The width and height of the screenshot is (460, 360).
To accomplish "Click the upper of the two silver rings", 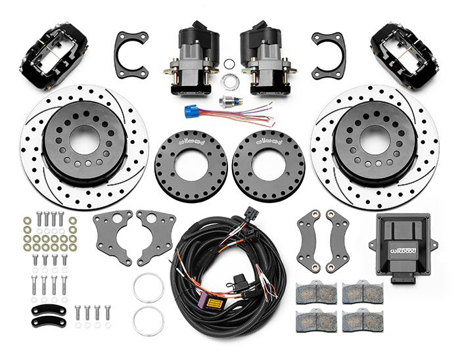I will (x=149, y=287).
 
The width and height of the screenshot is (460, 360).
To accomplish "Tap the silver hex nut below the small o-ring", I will (x=231, y=82).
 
